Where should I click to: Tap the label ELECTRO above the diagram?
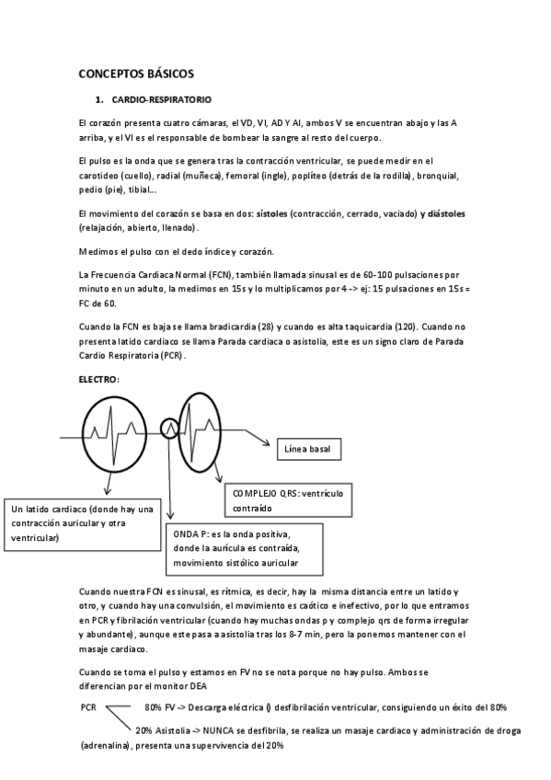[x=99, y=379]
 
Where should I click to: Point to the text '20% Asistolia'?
[x=164, y=730]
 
